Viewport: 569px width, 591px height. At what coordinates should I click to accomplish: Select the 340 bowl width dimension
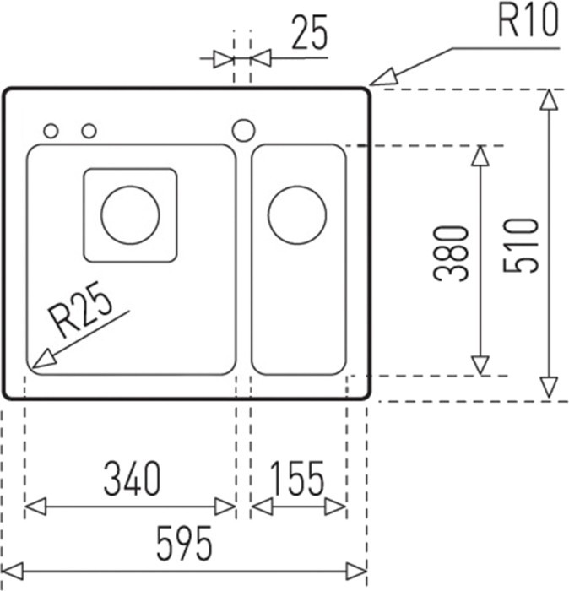coord(131,480)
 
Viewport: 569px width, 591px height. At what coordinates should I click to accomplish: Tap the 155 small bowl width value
coord(298,480)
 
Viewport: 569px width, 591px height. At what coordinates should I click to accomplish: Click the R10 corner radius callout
coord(528,22)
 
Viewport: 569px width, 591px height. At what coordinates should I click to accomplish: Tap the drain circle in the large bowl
coord(130,214)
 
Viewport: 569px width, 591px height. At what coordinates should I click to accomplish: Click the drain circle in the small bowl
coord(296,214)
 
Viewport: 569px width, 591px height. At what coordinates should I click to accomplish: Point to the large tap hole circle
coord(243,130)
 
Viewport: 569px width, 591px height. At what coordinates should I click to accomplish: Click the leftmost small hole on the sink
coord(51,131)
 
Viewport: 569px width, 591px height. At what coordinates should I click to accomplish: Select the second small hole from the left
coord(89,131)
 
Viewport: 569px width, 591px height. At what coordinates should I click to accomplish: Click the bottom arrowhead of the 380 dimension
coord(480,365)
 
